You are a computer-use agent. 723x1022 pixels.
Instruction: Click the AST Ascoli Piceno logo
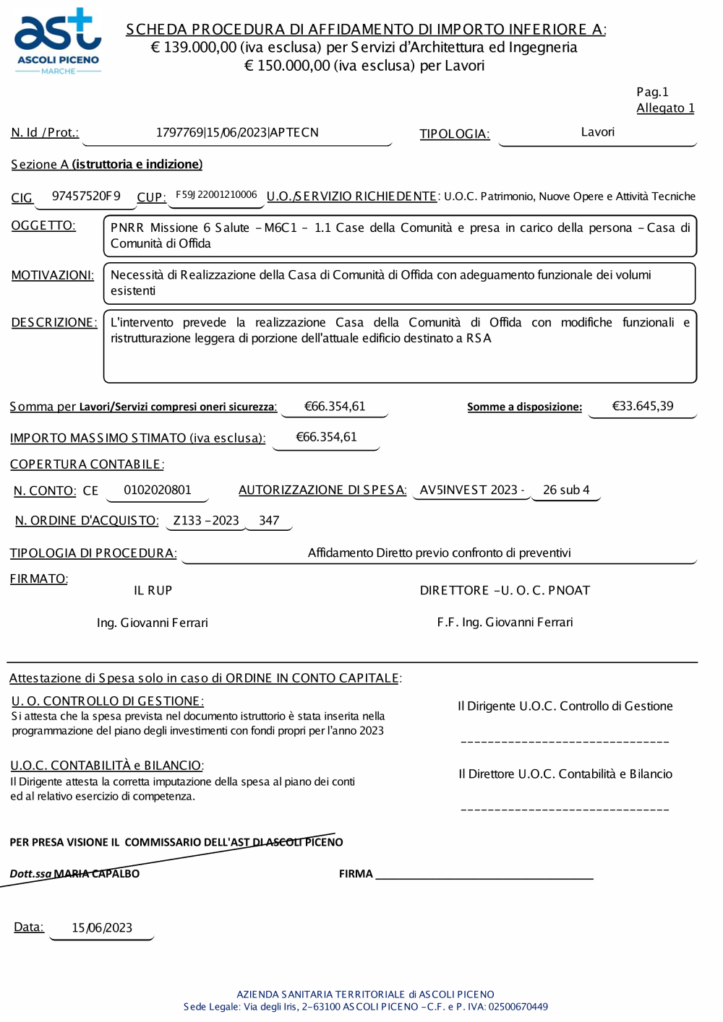pyautogui.click(x=58, y=42)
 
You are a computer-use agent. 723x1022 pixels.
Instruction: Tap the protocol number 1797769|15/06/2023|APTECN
pyautogui.click(x=237, y=133)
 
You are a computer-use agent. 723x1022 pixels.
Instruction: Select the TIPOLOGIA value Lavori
pyautogui.click(x=597, y=132)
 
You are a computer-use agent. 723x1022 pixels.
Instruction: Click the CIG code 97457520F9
pyautogui.click(x=86, y=196)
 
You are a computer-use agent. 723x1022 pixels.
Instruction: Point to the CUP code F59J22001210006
pyautogui.click(x=216, y=195)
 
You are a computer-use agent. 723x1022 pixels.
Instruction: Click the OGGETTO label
pyautogui.click(x=43, y=226)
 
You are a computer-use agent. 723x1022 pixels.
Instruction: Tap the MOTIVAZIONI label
pyautogui.click(x=52, y=275)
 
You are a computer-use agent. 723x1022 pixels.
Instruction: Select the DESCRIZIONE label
pyautogui.click(x=54, y=323)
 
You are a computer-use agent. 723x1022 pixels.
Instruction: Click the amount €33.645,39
pyautogui.click(x=642, y=406)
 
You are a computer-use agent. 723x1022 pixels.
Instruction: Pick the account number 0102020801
pyautogui.click(x=158, y=490)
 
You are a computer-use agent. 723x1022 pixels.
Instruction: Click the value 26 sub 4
pyautogui.click(x=566, y=490)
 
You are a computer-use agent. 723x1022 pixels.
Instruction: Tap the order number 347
pyautogui.click(x=269, y=521)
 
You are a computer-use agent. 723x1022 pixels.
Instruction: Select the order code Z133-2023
pyautogui.click(x=206, y=521)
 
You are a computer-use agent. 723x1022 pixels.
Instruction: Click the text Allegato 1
pyautogui.click(x=665, y=108)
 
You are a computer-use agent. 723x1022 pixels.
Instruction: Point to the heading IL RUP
pyautogui.click(x=153, y=591)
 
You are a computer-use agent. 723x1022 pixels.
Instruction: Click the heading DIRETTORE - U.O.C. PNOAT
pyautogui.click(x=505, y=591)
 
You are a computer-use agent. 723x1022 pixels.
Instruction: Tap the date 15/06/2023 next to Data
pyautogui.click(x=102, y=928)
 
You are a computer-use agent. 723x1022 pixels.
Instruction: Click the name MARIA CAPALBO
pyautogui.click(x=97, y=874)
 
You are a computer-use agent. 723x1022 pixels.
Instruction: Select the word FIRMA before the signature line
pyautogui.click(x=356, y=874)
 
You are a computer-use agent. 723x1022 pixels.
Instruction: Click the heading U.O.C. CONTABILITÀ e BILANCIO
pyautogui.click(x=106, y=766)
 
